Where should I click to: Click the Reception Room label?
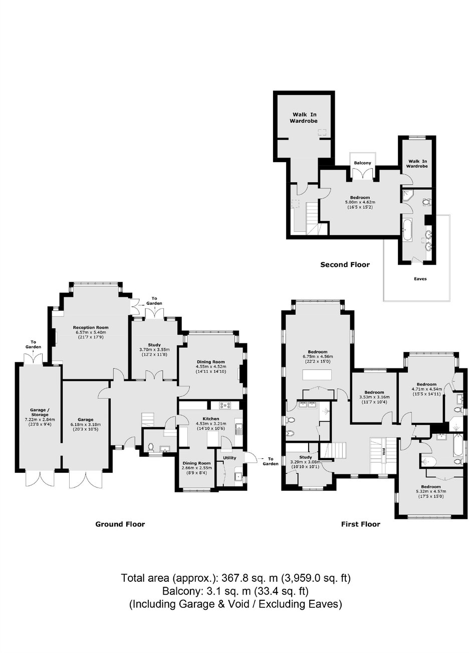[x=91, y=327]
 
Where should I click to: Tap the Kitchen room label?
[x=211, y=419]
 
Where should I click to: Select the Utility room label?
[x=229, y=458]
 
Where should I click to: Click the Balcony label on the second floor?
[x=362, y=163]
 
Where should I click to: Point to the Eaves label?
[x=420, y=279]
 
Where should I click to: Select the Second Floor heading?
[x=345, y=265]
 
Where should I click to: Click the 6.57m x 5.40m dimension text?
[x=91, y=332]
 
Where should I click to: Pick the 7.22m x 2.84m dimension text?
[x=40, y=420]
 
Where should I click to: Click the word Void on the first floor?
[x=384, y=452]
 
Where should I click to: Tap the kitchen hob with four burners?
[x=225, y=405]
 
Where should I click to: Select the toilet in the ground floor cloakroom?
[x=150, y=447]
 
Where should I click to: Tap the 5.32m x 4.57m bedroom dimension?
[x=430, y=491]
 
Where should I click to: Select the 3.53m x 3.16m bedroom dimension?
[x=374, y=397]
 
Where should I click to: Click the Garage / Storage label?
[x=40, y=412]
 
